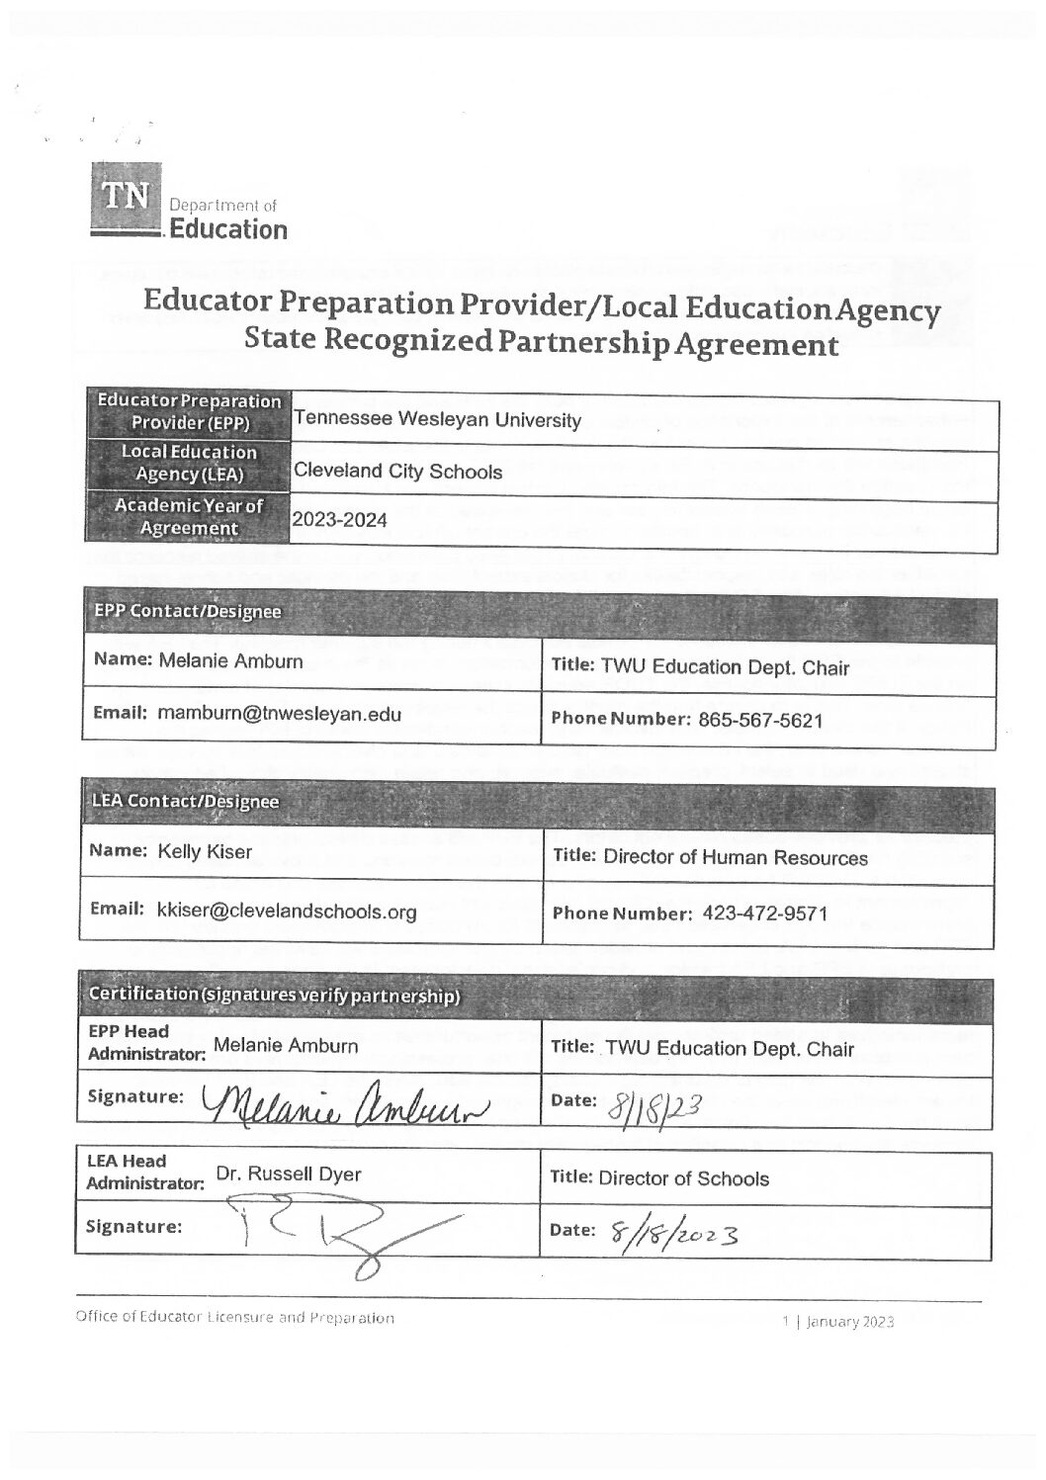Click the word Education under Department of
pyautogui.click(x=228, y=230)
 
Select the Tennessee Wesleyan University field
pyautogui.click(x=437, y=420)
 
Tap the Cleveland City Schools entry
pyautogui.click(x=397, y=472)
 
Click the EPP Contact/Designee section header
pyautogui.click(x=187, y=611)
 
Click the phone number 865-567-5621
pyautogui.click(x=754, y=721)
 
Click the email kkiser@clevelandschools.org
pyautogui.click(x=287, y=911)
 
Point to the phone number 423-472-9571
pyautogui.click(x=762, y=914)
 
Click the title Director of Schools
pyautogui.click(x=684, y=1178)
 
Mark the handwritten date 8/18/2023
pyautogui.click(x=677, y=1231)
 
